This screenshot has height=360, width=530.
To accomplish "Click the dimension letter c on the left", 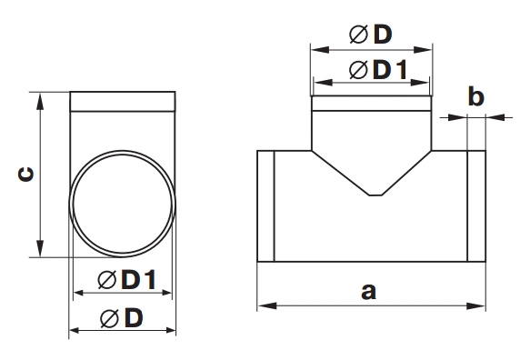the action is pos(26,175).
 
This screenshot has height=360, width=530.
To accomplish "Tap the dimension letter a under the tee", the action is pos(368,292).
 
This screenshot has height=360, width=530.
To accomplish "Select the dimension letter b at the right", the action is pos(476,96).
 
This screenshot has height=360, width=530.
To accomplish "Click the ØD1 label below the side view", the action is pos(126,280).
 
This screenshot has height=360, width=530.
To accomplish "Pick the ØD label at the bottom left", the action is pos(122,318).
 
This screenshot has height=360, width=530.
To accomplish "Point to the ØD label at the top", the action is pos(371,35).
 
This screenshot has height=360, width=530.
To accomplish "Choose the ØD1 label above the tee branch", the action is pos(378,70).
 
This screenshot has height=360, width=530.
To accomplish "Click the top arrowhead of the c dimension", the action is pos(40,102).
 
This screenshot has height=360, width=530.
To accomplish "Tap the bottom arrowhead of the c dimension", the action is pos(40,248).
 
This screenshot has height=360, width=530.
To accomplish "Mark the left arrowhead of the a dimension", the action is pos(267,306).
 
